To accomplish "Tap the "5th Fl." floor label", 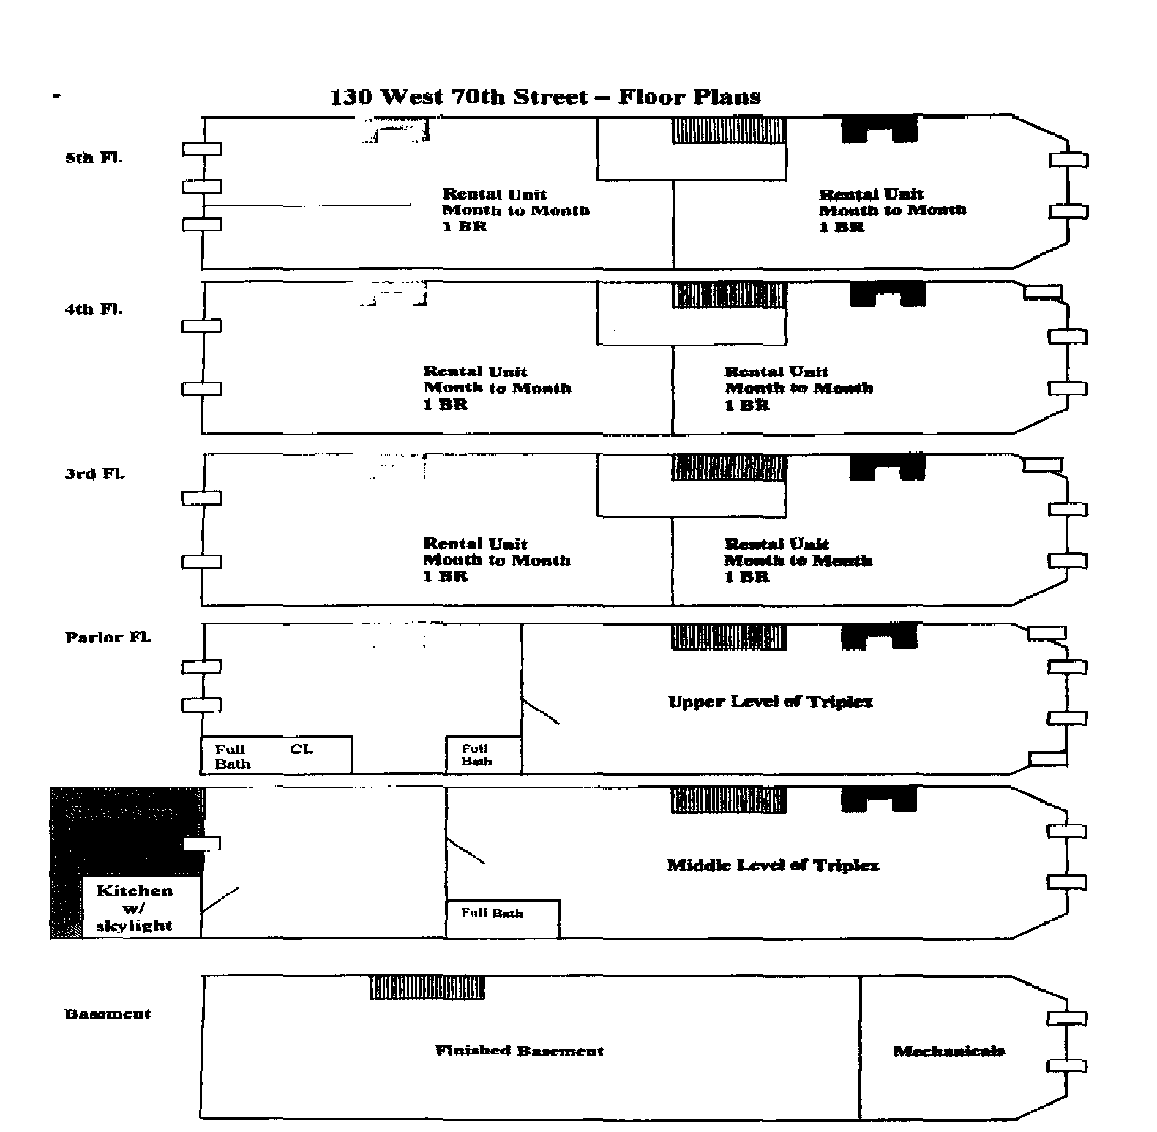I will pyautogui.click(x=94, y=158).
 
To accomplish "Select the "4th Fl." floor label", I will pyautogui.click(x=94, y=309).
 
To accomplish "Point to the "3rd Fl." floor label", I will pyautogui.click(x=95, y=473).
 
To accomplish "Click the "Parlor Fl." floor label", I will pyautogui.click(x=108, y=637).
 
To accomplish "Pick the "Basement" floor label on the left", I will pyautogui.click(x=108, y=1014).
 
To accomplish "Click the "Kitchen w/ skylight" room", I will pyautogui.click(x=135, y=908).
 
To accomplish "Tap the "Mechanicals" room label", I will pyautogui.click(x=948, y=1052).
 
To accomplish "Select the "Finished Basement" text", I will pyautogui.click(x=520, y=1051).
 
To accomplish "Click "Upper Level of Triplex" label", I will pyautogui.click(x=770, y=702).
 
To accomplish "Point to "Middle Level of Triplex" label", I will pyautogui.click(x=773, y=866).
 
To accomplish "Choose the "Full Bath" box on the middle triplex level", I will pyautogui.click(x=502, y=918).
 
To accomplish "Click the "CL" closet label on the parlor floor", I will pyautogui.click(x=301, y=749).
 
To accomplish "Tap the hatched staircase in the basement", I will pyautogui.click(x=427, y=988).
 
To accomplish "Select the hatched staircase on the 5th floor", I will pyautogui.click(x=729, y=130).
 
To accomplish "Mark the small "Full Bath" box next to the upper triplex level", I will pyautogui.click(x=483, y=755).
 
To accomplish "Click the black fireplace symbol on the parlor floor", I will pyautogui.click(x=879, y=637).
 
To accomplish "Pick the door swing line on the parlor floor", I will pyautogui.click(x=541, y=711).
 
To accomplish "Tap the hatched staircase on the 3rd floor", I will pyautogui.click(x=729, y=468).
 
